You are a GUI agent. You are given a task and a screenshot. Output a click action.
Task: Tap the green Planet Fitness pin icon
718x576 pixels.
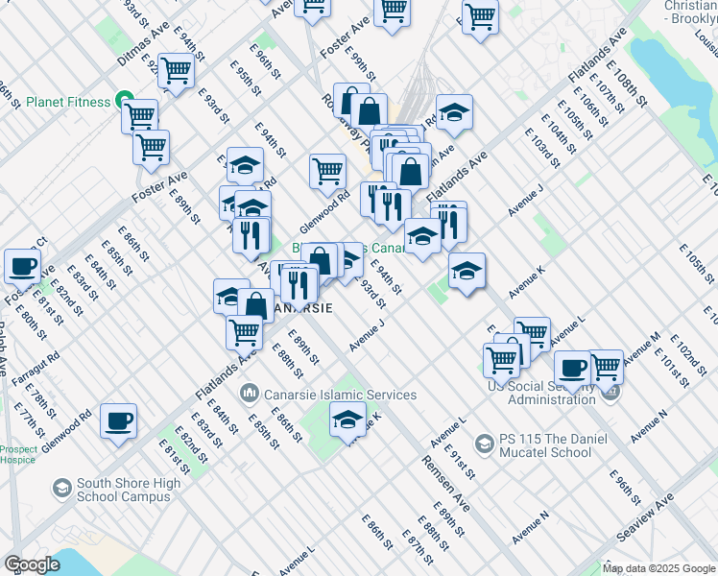123,100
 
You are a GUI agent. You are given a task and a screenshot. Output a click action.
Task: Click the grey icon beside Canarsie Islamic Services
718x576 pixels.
250,394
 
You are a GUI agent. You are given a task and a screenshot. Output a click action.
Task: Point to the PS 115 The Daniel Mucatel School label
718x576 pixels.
545,445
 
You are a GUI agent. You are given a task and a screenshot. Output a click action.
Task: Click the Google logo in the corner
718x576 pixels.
31,564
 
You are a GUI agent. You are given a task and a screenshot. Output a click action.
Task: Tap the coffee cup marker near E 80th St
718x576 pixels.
22,267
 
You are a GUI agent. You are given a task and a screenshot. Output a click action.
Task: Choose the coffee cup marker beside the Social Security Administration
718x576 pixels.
572,368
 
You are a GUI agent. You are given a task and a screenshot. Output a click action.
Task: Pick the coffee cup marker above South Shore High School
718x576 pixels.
119,420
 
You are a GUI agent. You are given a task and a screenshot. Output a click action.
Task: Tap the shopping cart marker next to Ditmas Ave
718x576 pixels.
176,71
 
